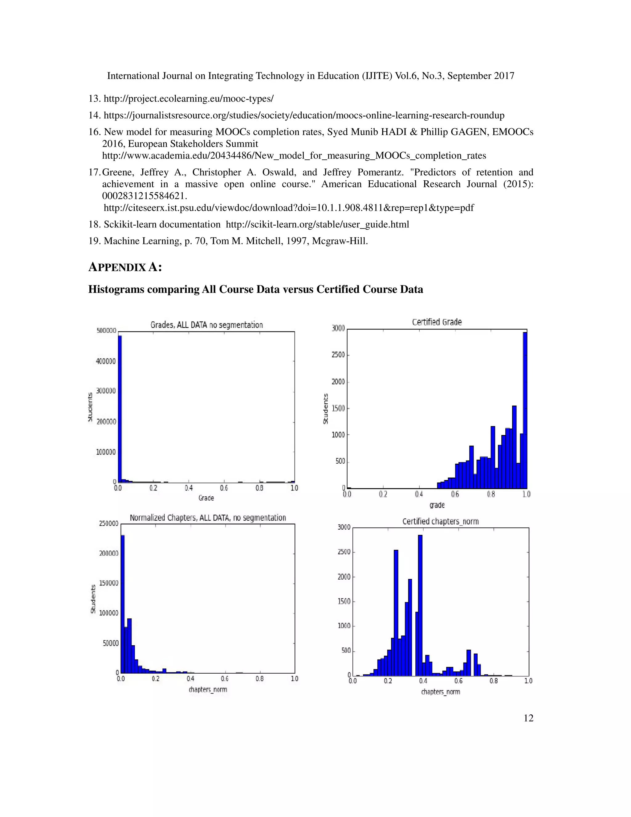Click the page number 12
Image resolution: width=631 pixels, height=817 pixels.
(528, 718)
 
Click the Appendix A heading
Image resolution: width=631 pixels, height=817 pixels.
(125, 267)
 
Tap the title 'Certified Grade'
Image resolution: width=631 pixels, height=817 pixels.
(437, 322)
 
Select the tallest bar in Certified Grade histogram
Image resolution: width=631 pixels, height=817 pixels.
(525, 410)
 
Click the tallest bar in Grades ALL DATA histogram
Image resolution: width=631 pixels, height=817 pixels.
(120, 408)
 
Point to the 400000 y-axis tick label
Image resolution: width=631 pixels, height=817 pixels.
(106, 361)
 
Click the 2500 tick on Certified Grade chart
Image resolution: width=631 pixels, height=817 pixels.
(338, 355)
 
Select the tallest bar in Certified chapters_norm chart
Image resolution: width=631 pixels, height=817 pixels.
(420, 605)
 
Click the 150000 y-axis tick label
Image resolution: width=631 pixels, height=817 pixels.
(108, 583)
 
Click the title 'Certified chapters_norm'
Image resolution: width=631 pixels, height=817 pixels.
(440, 521)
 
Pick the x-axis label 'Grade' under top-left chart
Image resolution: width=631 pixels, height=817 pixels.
(206, 498)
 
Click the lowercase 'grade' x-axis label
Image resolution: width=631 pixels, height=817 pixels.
(437, 505)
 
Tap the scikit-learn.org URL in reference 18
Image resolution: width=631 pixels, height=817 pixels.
(317, 224)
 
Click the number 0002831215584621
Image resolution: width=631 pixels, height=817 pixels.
(144, 196)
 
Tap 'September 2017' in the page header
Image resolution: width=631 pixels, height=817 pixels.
(481, 76)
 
